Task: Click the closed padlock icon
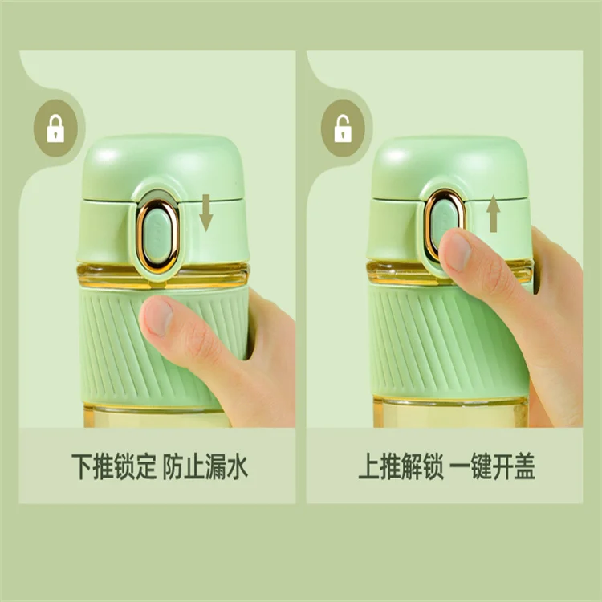point(55,128)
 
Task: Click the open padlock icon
point(343,128)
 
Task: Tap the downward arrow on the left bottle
point(206,214)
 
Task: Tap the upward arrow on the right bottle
point(494,214)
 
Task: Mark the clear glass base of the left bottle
point(144,417)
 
